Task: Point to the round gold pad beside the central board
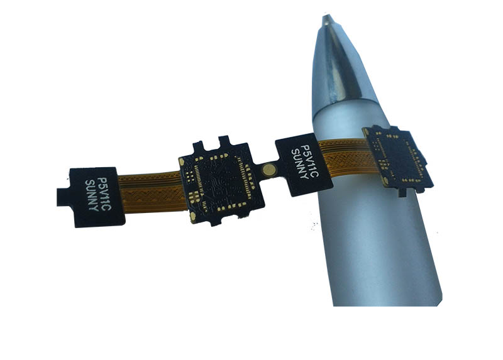(x=270, y=168)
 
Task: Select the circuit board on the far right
(x=397, y=157)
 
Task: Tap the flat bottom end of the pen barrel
(x=390, y=302)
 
